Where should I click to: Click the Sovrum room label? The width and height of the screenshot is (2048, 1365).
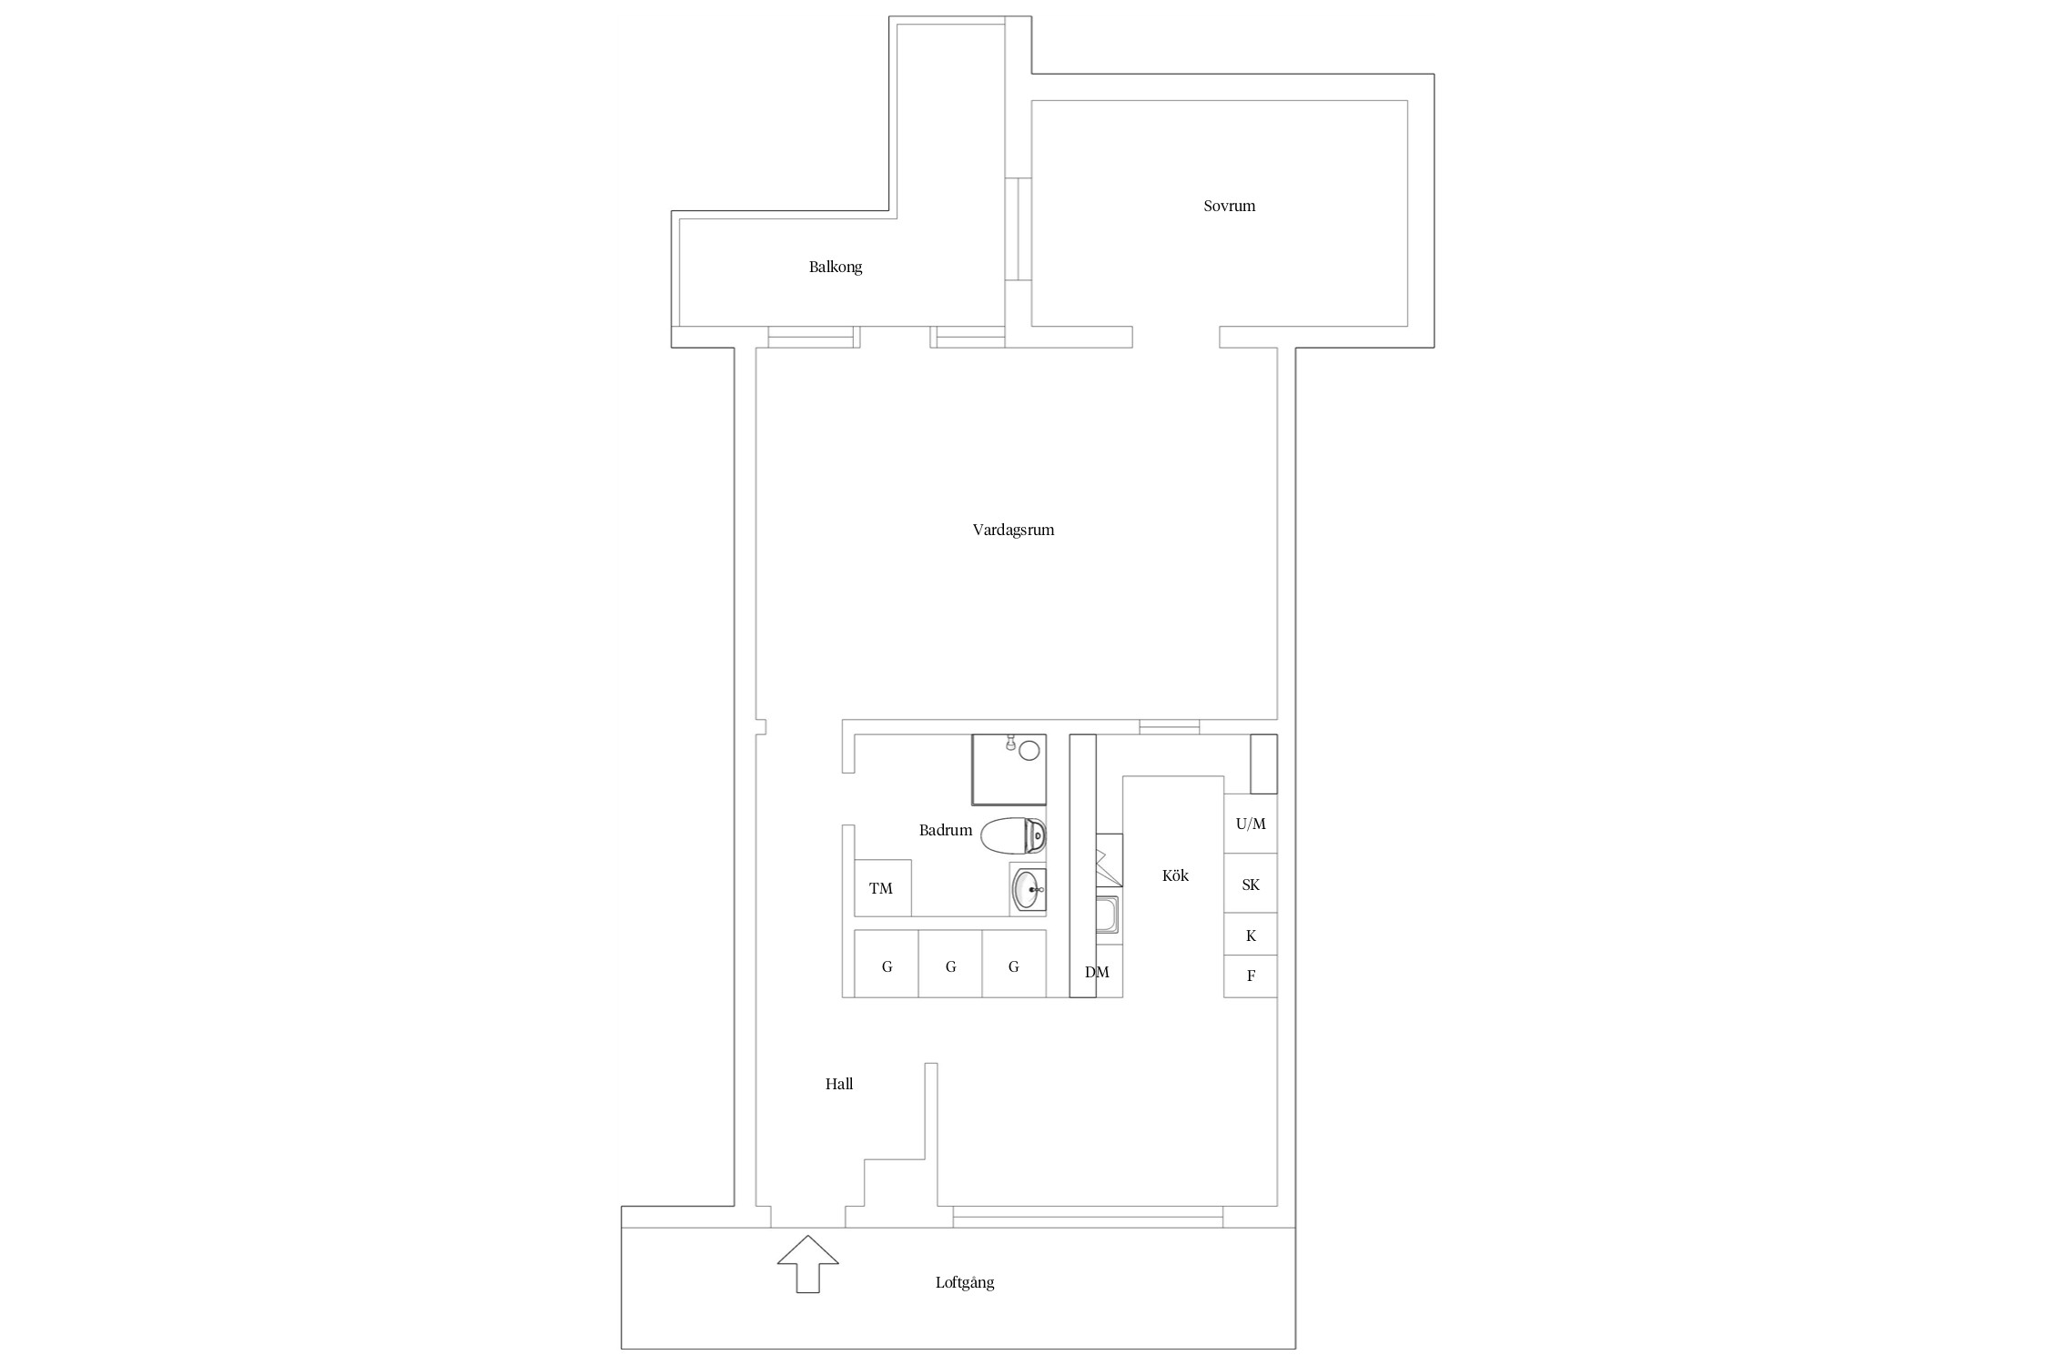[x=1229, y=206]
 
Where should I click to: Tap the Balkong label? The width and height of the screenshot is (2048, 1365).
[x=835, y=267]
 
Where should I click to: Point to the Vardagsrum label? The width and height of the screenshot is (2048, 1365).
[x=1013, y=530]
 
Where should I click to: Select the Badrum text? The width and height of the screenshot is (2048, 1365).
[x=945, y=830]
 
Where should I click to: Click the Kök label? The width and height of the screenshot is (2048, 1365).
[x=1175, y=875]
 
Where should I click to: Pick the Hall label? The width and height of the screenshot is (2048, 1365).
[x=838, y=1084]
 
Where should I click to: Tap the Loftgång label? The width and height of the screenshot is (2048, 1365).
[x=965, y=1282]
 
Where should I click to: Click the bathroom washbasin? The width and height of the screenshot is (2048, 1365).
[x=1029, y=890]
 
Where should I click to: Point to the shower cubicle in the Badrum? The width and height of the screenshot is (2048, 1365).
[x=1009, y=770]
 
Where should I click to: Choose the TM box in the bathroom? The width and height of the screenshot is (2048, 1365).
[x=881, y=888]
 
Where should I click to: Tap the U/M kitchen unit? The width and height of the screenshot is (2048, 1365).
[x=1250, y=824]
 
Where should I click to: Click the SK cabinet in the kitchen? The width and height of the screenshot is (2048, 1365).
[x=1250, y=884]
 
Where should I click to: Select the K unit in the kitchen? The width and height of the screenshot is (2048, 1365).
[x=1250, y=935]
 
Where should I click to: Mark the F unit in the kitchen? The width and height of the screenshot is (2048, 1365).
[x=1250, y=976]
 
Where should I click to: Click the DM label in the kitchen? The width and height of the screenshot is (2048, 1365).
[x=1097, y=972]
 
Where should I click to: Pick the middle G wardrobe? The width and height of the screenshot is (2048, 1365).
[x=950, y=966]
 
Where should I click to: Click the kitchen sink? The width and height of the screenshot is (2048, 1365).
[x=1108, y=915]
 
